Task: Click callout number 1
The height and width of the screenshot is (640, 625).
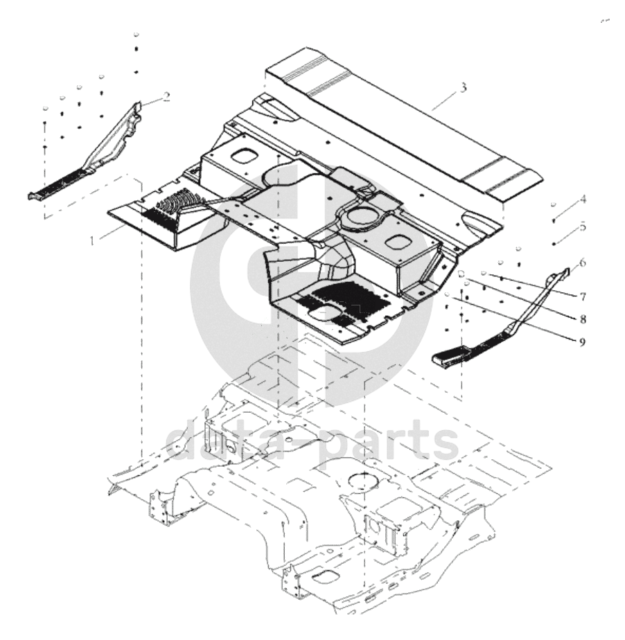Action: click(x=93, y=241)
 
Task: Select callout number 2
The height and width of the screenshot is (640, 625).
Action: click(x=166, y=97)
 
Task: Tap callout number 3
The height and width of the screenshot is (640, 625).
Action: click(x=463, y=87)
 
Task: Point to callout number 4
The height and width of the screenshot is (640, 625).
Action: click(x=583, y=199)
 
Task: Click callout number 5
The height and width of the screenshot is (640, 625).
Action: click(x=583, y=226)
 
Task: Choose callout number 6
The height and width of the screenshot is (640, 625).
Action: click(x=583, y=263)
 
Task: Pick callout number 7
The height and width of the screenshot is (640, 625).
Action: click(x=583, y=296)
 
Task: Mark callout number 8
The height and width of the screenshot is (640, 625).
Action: click(x=583, y=319)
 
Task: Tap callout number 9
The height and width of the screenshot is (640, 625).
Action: click(x=583, y=341)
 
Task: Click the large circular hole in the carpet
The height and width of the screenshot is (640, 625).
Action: click(x=360, y=215)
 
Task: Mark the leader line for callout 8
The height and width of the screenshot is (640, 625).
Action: click(x=522, y=298)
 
